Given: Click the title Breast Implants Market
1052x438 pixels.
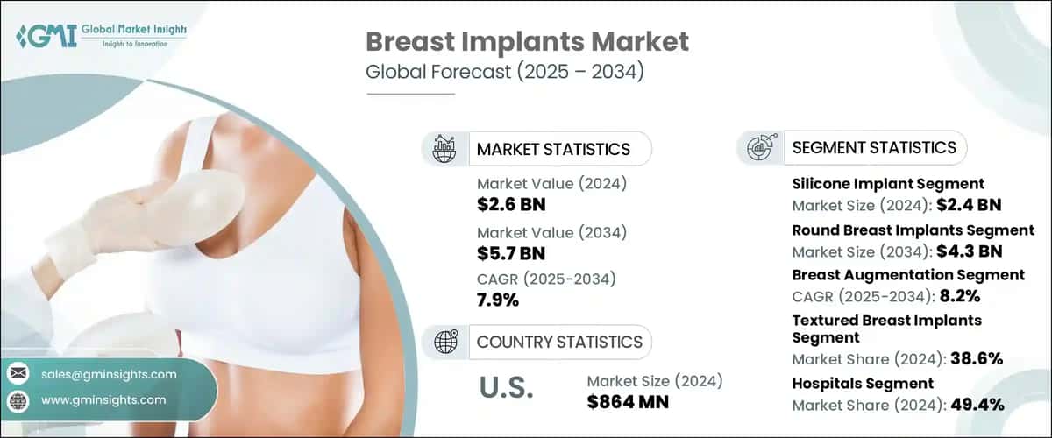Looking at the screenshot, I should coord(526,41).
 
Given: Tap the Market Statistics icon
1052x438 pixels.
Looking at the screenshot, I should coord(444,149).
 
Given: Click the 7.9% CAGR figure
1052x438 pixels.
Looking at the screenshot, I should coord(498,300).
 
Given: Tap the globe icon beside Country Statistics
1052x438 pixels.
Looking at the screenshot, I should coord(444,342).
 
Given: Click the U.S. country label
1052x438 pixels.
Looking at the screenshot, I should coord(505,388).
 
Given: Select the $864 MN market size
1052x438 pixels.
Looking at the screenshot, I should coord(627,402).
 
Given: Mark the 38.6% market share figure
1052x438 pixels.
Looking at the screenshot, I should coord(973,358).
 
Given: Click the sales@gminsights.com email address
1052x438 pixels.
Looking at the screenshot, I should coord(109,374).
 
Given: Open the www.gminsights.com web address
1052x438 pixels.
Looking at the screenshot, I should coord(103,399).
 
